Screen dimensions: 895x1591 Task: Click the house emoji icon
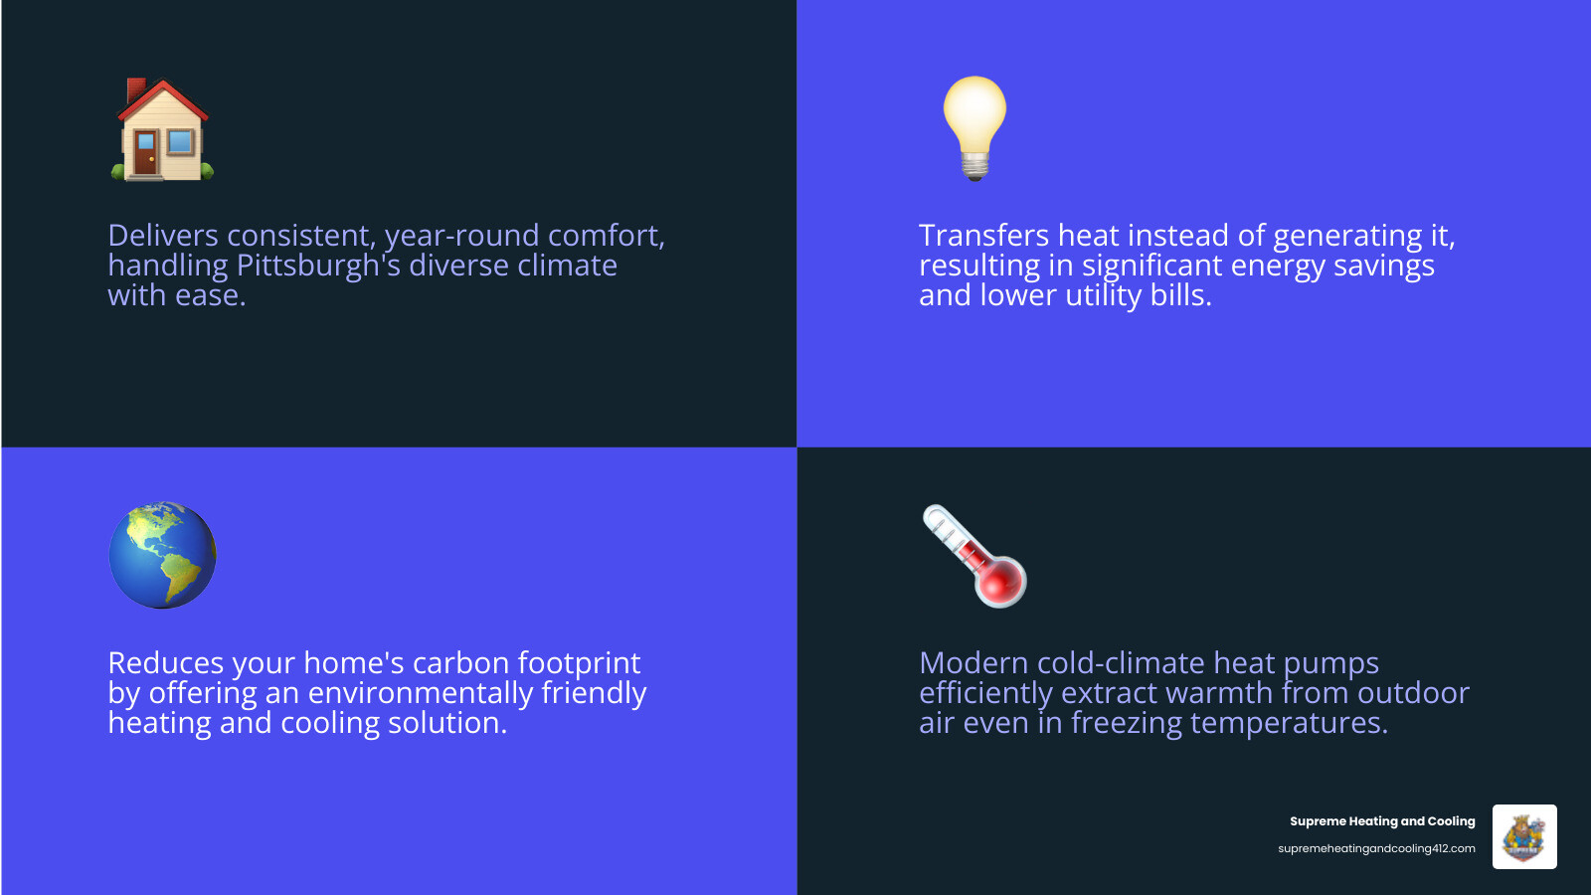tap(161, 129)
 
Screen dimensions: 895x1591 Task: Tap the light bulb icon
tap(974, 126)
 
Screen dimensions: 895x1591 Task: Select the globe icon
tap(162, 555)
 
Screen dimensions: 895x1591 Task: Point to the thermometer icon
tap(974, 556)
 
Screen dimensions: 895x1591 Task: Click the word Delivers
tap(163, 236)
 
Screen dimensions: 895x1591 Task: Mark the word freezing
tap(1126, 723)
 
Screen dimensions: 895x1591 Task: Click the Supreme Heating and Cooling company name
tap(1382, 821)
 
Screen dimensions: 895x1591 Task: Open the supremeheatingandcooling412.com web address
tap(1376, 848)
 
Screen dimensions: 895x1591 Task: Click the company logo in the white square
tap(1524, 836)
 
